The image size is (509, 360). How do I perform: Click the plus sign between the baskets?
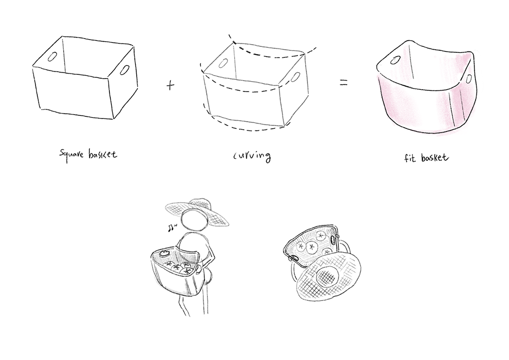170,85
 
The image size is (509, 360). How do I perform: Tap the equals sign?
344,83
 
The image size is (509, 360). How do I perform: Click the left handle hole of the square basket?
53,56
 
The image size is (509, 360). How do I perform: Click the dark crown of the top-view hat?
327,277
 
